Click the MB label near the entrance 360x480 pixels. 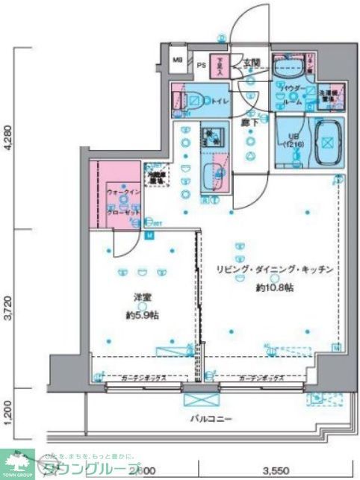pyautogui.click(x=178, y=60)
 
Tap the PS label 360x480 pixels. pyautogui.click(x=201, y=66)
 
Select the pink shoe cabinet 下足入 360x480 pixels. pyautogui.click(x=220, y=67)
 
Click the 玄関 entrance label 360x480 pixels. pyautogui.click(x=250, y=63)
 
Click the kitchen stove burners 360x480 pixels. pyautogui.click(x=212, y=136)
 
